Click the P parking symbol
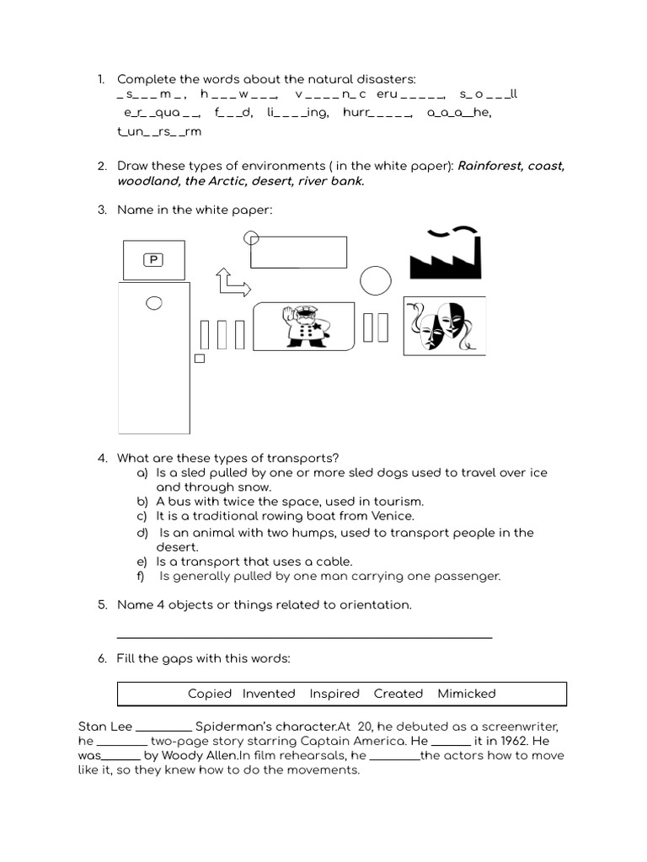click(153, 259)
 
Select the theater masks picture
click(445, 326)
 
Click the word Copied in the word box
click(210, 694)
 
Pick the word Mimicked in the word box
click(467, 694)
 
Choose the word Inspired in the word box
click(334, 694)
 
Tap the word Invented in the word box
click(269, 694)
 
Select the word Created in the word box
click(398, 694)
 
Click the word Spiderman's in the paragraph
click(232, 726)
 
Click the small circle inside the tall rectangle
click(153, 302)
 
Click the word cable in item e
click(332, 561)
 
